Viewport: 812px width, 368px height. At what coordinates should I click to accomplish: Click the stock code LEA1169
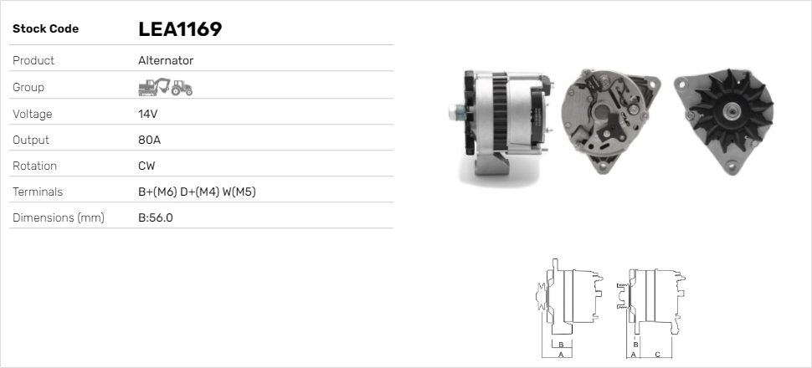tap(180, 29)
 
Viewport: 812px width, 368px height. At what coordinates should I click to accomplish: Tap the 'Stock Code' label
tap(45, 29)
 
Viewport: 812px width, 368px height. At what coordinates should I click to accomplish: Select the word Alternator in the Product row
tap(166, 60)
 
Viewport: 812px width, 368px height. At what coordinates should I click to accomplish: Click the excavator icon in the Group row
tap(154, 87)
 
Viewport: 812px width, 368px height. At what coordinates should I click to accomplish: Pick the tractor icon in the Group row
tap(182, 88)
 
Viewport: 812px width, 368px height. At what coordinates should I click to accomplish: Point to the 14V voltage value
tap(147, 114)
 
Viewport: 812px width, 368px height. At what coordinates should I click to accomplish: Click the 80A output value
tap(149, 140)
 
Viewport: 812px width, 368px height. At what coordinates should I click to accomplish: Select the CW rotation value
tap(146, 166)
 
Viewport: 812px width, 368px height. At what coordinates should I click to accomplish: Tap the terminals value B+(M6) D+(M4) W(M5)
tap(197, 192)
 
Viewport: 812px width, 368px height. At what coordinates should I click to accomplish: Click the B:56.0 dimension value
tap(156, 218)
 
